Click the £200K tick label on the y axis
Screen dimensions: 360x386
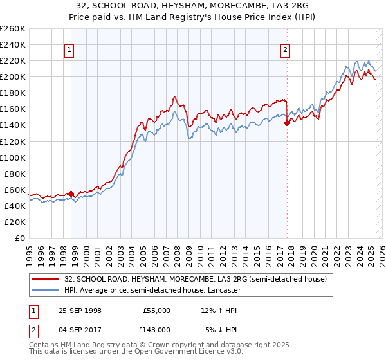point(12,76)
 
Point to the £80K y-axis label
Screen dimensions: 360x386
point(15,174)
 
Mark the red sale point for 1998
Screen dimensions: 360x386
point(71,193)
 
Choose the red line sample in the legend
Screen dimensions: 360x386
point(46,279)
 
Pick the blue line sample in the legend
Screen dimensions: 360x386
point(46,290)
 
